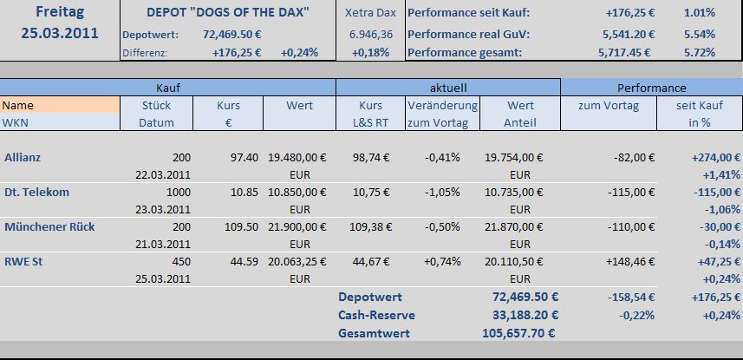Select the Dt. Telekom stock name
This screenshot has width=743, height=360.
click(x=36, y=192)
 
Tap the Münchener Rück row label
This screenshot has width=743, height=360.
click(x=49, y=226)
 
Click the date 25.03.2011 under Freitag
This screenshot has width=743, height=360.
click(x=60, y=33)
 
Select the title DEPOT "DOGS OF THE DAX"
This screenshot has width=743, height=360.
click(x=229, y=13)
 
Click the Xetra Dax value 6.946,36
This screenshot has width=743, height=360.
click(x=371, y=33)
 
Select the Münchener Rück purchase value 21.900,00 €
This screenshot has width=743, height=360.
click(x=297, y=226)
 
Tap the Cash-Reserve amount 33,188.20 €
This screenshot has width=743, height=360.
click(x=518, y=314)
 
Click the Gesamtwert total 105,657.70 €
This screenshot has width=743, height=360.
click(x=518, y=332)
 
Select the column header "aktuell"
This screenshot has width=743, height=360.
click(x=448, y=88)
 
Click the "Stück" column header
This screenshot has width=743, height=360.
click(x=157, y=105)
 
